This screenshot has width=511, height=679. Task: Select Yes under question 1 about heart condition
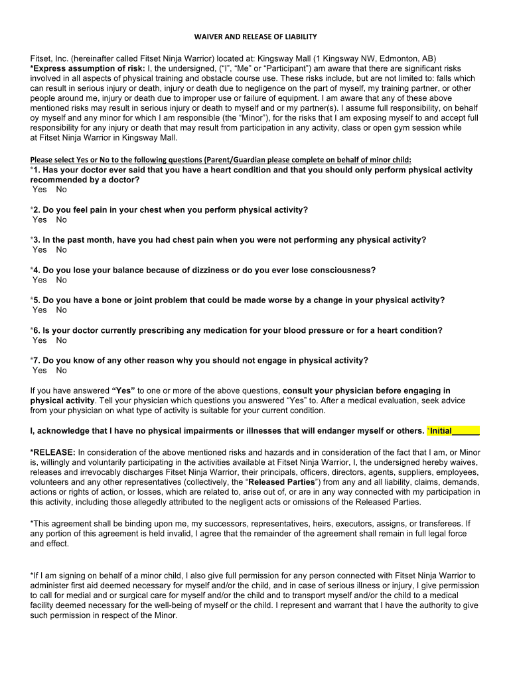(x=40, y=190)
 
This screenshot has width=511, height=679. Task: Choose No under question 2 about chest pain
(x=62, y=219)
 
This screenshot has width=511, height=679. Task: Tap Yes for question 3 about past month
(x=40, y=250)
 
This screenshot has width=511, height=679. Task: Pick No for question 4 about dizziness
(x=62, y=280)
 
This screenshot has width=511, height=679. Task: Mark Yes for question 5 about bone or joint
(x=40, y=310)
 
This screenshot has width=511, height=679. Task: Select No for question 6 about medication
(x=62, y=340)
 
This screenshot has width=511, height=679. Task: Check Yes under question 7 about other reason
(x=40, y=371)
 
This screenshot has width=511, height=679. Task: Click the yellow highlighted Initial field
(x=455, y=431)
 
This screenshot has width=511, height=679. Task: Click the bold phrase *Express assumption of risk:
(x=87, y=69)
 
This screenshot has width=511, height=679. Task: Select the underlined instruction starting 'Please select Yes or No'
(x=221, y=159)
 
